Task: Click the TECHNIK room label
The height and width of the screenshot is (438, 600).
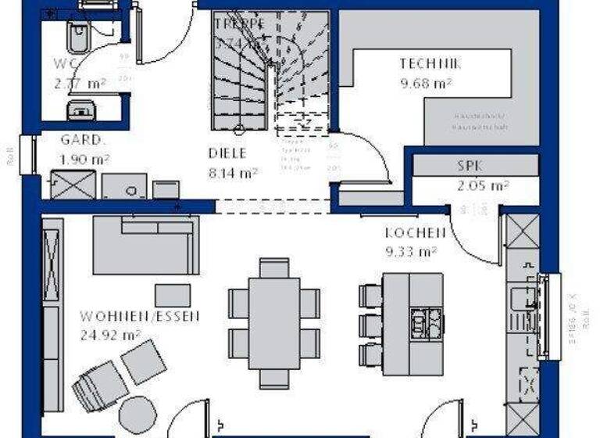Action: point(430,63)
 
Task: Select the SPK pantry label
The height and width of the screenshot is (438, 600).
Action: point(471,166)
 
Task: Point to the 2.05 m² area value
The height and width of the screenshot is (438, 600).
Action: point(483,185)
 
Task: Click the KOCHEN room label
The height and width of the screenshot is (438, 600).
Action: point(415,233)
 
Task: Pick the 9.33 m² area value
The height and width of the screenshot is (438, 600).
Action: point(410,251)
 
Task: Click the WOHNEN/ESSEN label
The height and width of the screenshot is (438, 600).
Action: point(139,317)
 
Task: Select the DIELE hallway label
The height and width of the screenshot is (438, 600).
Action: point(227,153)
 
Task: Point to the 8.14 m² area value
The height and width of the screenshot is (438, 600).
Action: point(234,173)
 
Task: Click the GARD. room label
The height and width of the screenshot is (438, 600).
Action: point(83,141)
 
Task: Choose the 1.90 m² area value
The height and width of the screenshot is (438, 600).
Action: point(84,160)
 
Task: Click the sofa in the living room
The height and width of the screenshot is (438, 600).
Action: point(145,244)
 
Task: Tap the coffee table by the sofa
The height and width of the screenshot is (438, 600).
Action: point(173,295)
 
